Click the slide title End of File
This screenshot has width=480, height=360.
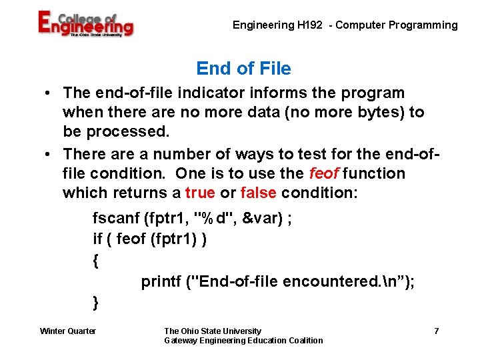(243, 69)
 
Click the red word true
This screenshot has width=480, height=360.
(200, 193)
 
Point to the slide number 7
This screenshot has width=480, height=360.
(436, 331)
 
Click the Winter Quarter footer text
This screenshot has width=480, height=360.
(68, 331)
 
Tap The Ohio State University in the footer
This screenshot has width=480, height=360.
(213, 331)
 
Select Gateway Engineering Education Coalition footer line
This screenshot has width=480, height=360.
(243, 341)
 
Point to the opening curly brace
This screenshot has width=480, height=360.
(97, 261)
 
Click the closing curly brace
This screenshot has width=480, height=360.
(96, 303)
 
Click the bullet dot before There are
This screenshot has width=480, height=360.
(50, 154)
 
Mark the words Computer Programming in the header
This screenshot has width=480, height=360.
(397, 25)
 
